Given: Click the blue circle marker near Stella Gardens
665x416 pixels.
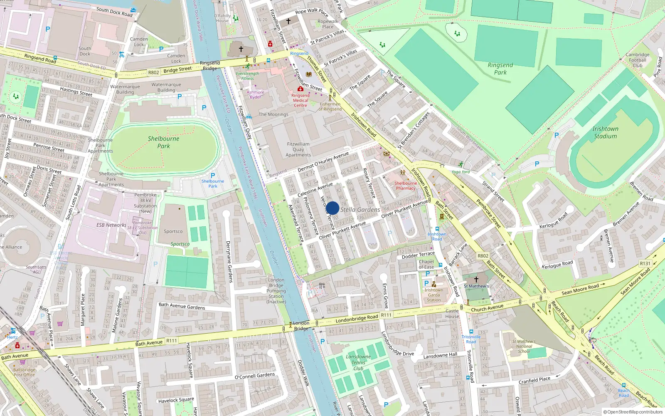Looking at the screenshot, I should tap(332, 208).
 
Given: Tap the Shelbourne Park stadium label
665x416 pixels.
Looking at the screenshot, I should tap(163, 142).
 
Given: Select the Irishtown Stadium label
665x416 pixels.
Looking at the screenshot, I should tap(605, 132).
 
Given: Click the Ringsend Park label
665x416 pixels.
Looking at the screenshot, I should tap(500, 69).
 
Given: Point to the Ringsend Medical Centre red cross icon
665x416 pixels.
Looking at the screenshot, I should tap(300, 89).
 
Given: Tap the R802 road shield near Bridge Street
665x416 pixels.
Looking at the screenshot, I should tap(153, 72).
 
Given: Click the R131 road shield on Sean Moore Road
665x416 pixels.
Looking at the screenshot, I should tap(645, 263).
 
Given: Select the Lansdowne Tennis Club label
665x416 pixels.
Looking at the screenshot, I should tap(358, 362).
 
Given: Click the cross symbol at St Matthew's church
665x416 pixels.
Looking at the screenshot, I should tap(476, 279).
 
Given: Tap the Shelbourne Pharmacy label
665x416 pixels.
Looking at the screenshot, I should tap(405, 186).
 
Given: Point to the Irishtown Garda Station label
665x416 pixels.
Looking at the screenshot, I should tap(433, 295).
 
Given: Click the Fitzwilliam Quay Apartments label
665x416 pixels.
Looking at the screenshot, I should tap(298, 149).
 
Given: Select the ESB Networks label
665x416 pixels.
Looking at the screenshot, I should tap(111, 225).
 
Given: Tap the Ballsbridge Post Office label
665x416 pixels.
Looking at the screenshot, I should tap(24, 372).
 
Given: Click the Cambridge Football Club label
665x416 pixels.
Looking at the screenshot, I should tap(637, 60).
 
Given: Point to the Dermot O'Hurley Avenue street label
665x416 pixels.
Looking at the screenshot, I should tap(323, 162).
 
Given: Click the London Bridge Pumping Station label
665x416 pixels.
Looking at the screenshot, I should tap(276, 291).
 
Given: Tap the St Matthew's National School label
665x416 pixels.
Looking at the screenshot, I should tap(524, 346).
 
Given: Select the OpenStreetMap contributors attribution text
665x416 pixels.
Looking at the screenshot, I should tap(633, 412).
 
